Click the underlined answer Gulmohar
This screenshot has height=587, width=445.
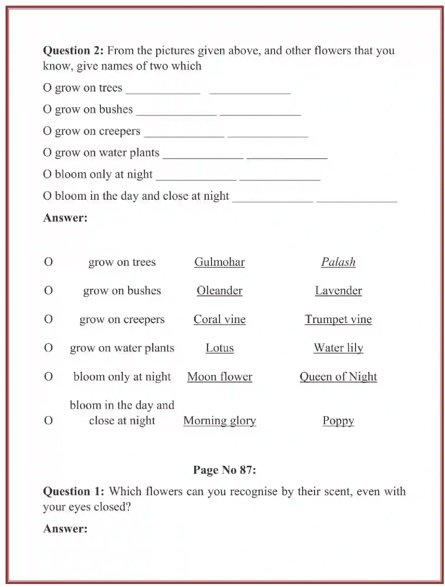(x=219, y=262)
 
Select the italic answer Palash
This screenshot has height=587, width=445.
(x=338, y=262)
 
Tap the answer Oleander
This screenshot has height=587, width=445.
(x=219, y=290)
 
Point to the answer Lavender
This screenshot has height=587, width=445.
(x=338, y=290)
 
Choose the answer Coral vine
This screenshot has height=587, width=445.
(x=219, y=319)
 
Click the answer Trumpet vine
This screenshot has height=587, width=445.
(x=338, y=319)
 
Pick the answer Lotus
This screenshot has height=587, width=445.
(x=219, y=348)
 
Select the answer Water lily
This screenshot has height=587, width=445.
(x=338, y=348)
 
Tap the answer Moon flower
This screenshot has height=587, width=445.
(x=219, y=376)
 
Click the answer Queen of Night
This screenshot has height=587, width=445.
(x=338, y=376)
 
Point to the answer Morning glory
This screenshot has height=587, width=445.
(x=219, y=420)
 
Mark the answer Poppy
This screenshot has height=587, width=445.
(x=338, y=420)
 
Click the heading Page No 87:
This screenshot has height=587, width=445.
(x=224, y=470)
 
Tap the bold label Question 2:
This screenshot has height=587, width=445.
(x=73, y=50)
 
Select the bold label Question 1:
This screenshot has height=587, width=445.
(x=73, y=491)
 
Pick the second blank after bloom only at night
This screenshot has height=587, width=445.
(x=280, y=177)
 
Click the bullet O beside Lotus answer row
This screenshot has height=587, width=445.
(x=48, y=348)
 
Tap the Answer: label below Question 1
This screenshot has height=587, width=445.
(x=65, y=529)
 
